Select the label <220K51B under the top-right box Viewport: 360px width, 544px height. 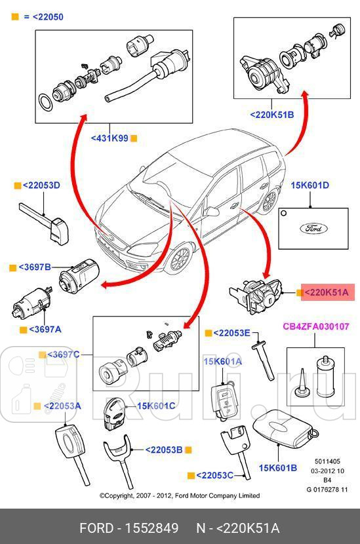click(x=271, y=115)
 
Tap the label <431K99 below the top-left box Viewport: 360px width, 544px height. click(x=110, y=138)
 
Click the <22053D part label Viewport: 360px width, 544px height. click(x=41, y=185)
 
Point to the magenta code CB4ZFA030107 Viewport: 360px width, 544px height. click(x=315, y=326)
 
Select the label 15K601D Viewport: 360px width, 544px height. click(x=310, y=185)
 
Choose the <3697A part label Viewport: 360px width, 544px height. click(x=35, y=329)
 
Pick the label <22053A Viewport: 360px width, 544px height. click(x=62, y=406)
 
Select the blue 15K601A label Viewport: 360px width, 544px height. click(x=222, y=361)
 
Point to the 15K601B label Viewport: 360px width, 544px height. click(x=277, y=467)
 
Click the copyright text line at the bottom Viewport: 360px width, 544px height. click(x=179, y=495)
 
